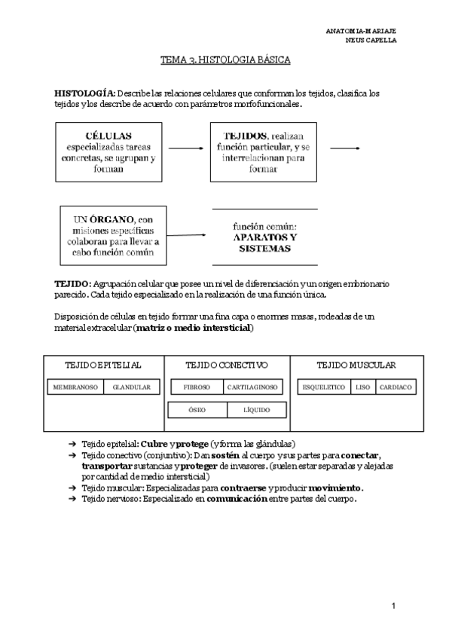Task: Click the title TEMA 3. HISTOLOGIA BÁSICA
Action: tap(225, 59)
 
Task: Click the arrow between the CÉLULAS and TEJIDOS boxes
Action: tap(186, 149)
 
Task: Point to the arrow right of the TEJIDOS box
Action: tap(345, 148)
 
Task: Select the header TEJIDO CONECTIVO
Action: tap(226, 365)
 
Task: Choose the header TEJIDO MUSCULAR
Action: tap(356, 365)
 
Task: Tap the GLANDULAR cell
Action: tap(131, 387)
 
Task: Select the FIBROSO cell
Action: tap(197, 387)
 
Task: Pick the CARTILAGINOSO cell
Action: tap(253, 387)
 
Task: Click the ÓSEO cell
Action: tap(197, 410)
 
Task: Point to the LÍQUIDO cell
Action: tap(256, 410)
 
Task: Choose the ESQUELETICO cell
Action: tap(322, 387)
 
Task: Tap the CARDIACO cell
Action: tap(395, 387)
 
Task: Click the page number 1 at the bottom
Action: tap(393, 605)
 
